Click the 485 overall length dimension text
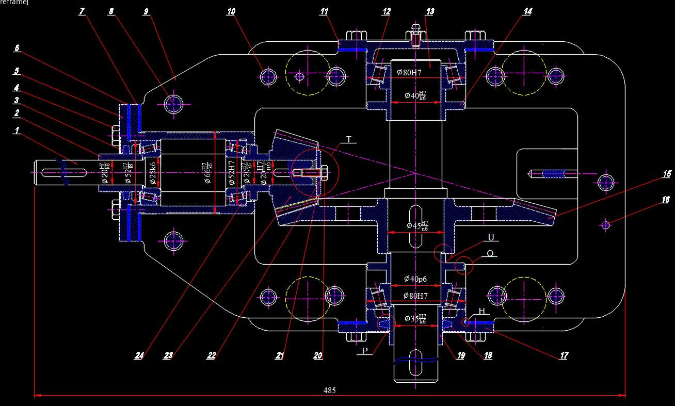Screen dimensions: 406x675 point(329,391)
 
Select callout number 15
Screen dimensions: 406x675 point(667,174)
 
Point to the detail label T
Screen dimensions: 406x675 point(349,139)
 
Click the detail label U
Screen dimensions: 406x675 point(491,237)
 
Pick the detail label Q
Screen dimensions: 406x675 point(490,253)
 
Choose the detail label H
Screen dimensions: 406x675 point(481,311)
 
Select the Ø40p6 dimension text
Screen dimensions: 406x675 point(415,279)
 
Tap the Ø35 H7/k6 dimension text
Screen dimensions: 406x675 point(415,318)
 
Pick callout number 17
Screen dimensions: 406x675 point(564,355)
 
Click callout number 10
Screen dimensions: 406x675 point(231,11)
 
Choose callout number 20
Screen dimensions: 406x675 point(318,355)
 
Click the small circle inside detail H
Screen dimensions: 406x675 point(465,322)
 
